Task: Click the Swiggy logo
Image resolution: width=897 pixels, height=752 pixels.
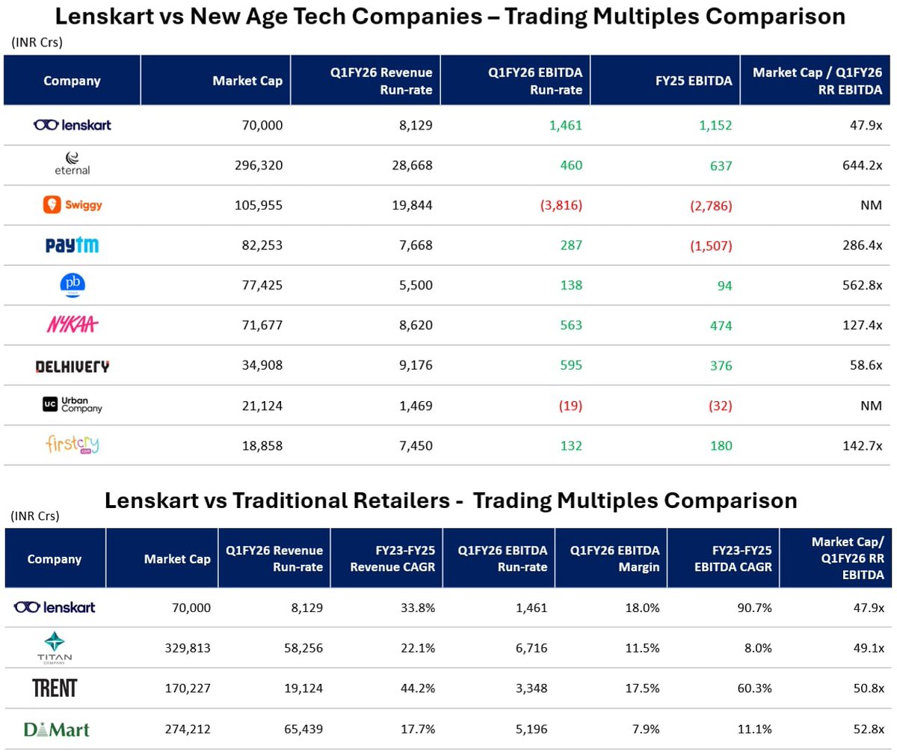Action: click(x=72, y=205)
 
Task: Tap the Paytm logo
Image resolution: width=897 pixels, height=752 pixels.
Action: click(x=72, y=245)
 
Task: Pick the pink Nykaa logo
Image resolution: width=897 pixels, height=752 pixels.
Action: click(x=72, y=325)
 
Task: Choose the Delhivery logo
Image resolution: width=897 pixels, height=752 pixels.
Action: click(x=72, y=366)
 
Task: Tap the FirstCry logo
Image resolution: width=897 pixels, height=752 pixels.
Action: click(x=72, y=445)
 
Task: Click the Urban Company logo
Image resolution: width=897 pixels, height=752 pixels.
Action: click(x=72, y=405)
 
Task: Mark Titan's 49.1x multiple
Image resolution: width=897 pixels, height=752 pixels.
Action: click(x=870, y=648)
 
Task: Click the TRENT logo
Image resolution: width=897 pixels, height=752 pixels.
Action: click(x=55, y=688)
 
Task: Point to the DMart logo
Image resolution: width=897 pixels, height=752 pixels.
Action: click(x=56, y=728)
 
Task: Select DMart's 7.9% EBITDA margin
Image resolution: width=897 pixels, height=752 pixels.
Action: click(x=646, y=729)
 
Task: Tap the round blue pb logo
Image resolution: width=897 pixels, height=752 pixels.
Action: click(x=72, y=285)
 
